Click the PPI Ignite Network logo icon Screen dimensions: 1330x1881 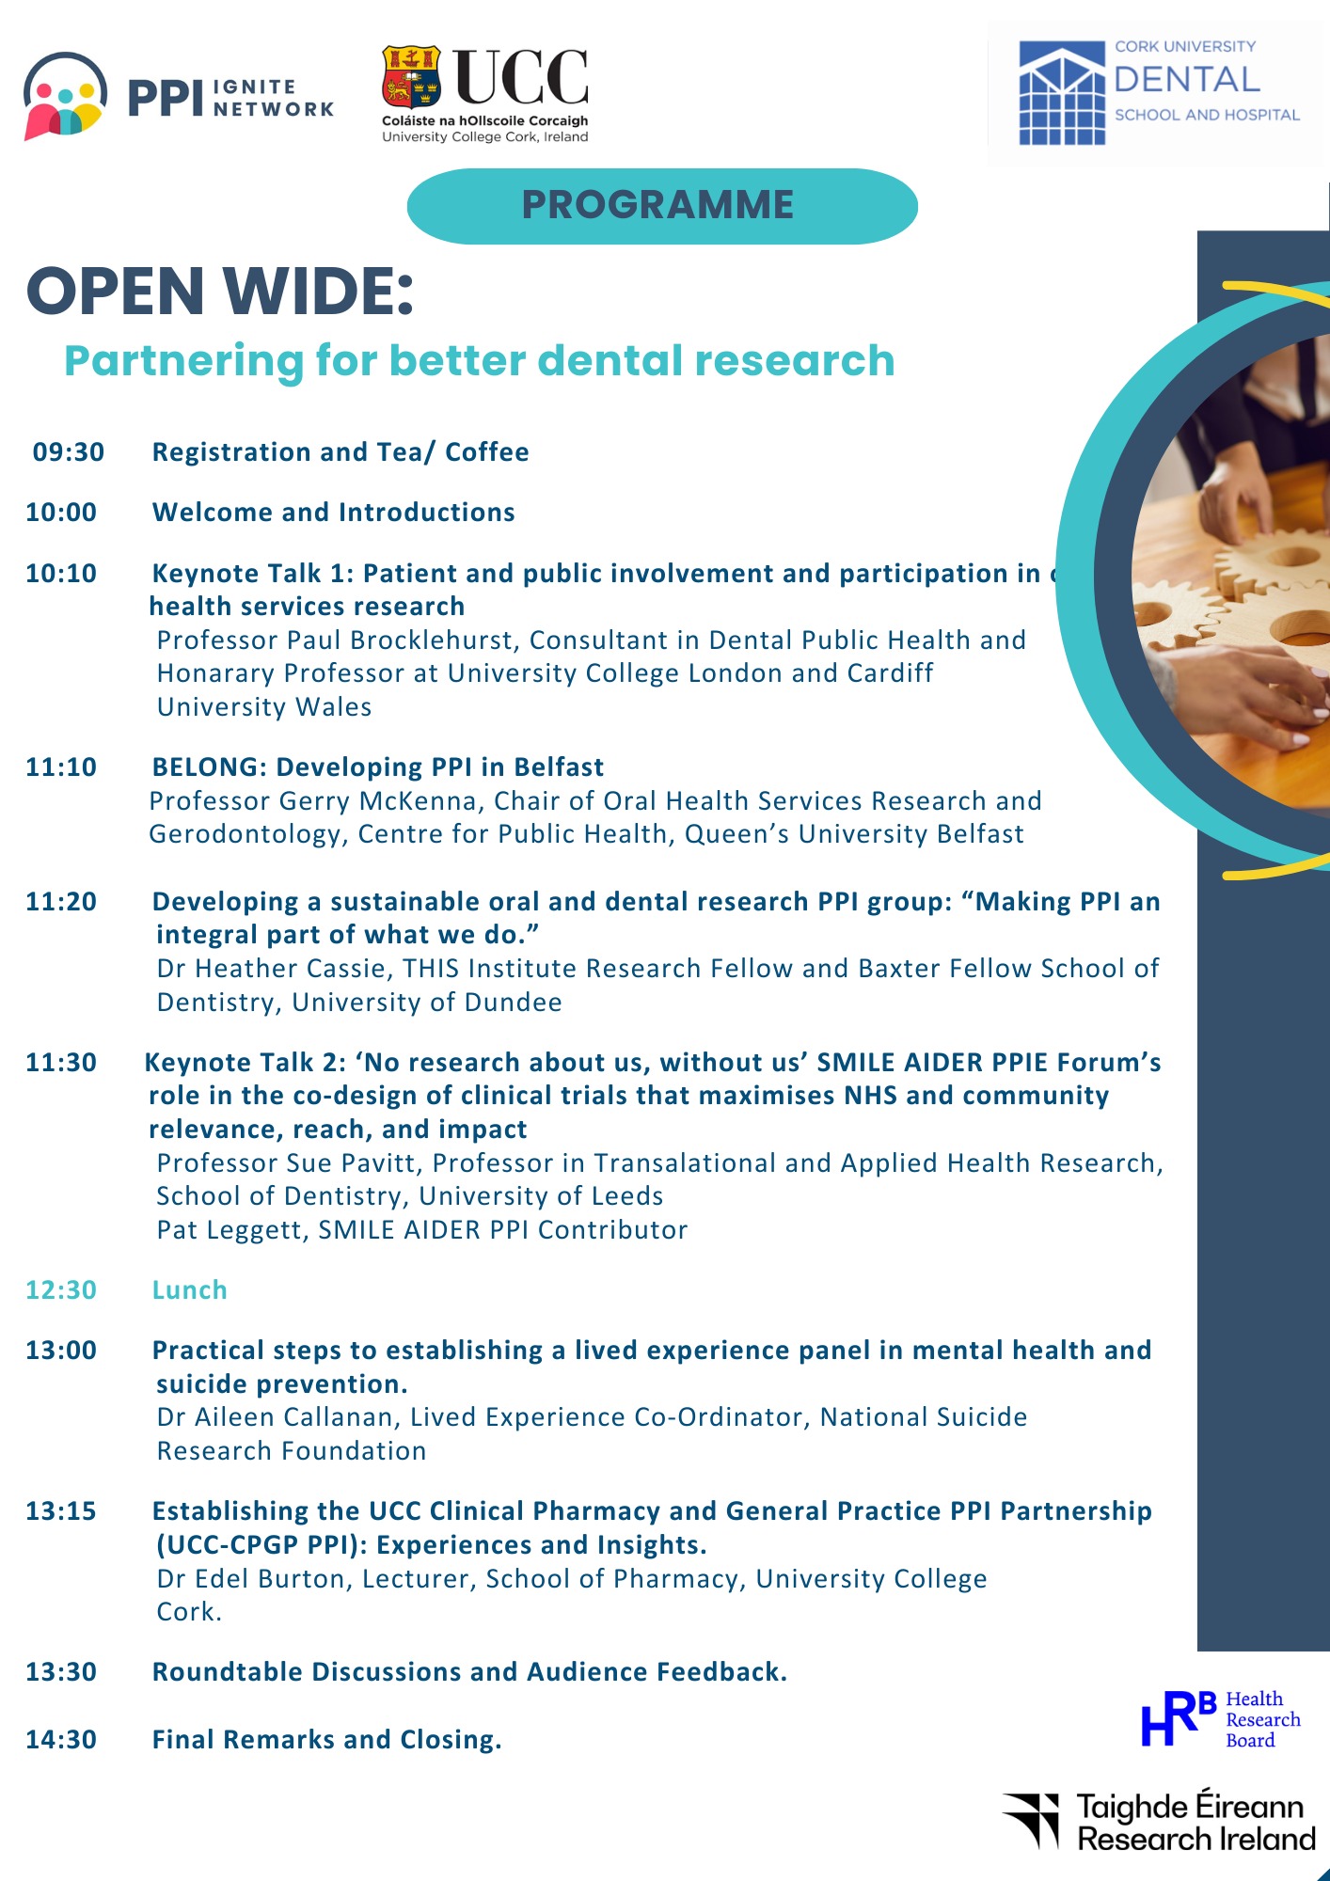point(65,96)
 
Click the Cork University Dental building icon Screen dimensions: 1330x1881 point(1062,93)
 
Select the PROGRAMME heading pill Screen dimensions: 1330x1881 point(662,206)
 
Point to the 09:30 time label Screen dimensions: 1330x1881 point(69,452)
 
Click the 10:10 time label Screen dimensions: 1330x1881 point(61,574)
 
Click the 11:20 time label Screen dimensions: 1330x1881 point(61,902)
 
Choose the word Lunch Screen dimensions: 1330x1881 point(190,1290)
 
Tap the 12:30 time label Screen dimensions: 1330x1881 point(61,1290)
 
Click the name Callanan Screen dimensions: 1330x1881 point(332,1417)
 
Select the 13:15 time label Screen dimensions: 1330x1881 point(61,1511)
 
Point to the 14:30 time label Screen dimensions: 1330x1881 point(61,1740)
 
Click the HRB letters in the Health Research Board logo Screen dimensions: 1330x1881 point(1179,1718)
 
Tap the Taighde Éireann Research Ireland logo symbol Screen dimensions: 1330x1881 point(1033,1819)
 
